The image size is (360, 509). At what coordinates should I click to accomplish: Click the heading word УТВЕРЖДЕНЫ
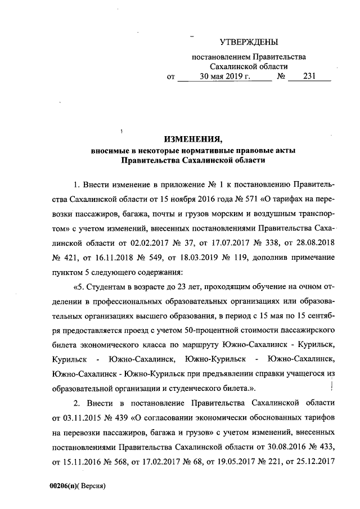pos(248,42)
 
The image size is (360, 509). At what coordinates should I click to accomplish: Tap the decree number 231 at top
pos(309,78)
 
